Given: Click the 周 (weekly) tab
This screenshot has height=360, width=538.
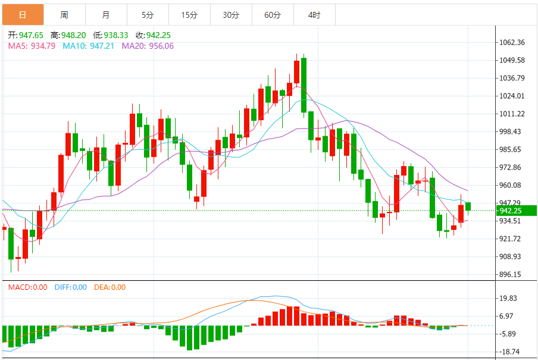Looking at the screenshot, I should click(64, 15).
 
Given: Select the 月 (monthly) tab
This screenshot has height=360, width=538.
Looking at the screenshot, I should click(105, 15).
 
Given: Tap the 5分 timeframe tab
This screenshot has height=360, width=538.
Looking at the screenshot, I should click(148, 15).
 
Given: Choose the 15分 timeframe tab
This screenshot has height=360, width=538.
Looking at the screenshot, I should click(189, 15).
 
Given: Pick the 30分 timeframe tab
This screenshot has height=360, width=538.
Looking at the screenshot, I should click(231, 15).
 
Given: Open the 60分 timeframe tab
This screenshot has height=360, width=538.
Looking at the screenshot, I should click(273, 15).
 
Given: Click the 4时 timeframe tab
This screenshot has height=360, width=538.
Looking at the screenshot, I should click(314, 15).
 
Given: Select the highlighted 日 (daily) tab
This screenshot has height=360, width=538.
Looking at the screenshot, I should click(23, 15).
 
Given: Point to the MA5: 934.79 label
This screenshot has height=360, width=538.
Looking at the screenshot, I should click(28, 45).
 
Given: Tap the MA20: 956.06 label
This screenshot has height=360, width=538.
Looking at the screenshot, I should click(148, 45).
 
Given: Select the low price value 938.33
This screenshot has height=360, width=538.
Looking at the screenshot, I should click(115, 35).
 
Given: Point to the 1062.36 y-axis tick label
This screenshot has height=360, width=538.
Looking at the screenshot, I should click(512, 42).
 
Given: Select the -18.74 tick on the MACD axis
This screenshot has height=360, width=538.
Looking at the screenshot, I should click(510, 352).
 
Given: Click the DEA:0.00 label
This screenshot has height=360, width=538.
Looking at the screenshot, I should click(110, 287).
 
